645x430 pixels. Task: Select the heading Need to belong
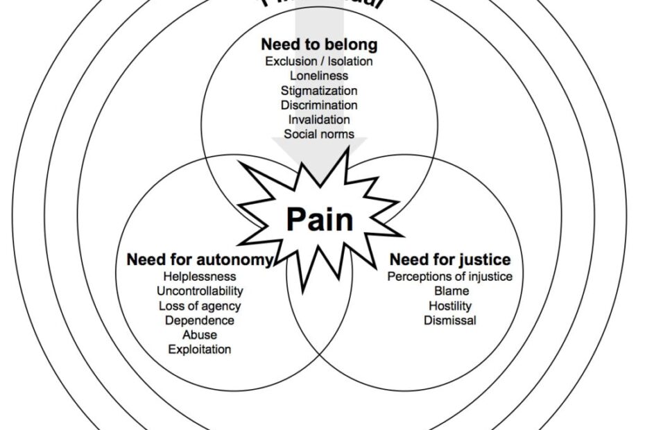pos(319,44)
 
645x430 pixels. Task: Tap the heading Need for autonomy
pos(199,260)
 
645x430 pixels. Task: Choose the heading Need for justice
pos(450,260)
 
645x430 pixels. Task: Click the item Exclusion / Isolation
pos(319,61)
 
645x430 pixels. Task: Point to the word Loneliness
pos(319,76)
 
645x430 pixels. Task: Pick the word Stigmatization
pos(319,90)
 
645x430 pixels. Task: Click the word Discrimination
pos(319,105)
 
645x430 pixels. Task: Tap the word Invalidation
pos(319,119)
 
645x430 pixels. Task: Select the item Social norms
pos(319,134)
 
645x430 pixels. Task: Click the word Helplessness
pos(200,277)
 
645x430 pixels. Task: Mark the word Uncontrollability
pos(200,291)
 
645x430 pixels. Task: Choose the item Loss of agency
pos(200,306)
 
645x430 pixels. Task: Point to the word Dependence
pos(200,320)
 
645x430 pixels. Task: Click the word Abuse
pos(200,335)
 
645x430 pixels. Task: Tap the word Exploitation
pos(200,350)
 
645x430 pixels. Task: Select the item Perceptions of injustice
pos(450,277)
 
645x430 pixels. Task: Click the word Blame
pos(450,291)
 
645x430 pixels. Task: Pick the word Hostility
pos(450,306)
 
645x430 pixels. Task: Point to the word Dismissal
pos(450,320)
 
